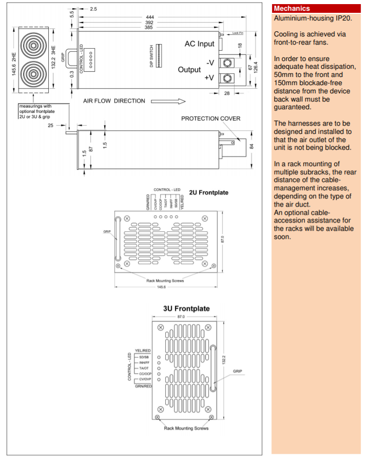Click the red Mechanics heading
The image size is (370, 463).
point(291,8)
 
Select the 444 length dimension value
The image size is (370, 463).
point(150,17)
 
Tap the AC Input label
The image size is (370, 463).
point(200,44)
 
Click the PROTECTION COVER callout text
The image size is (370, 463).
point(210,118)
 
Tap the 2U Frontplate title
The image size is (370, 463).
point(209,193)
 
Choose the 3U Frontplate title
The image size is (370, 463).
point(186,309)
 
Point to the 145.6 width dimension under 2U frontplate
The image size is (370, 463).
point(161,287)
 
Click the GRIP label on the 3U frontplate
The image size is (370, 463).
point(237,370)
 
